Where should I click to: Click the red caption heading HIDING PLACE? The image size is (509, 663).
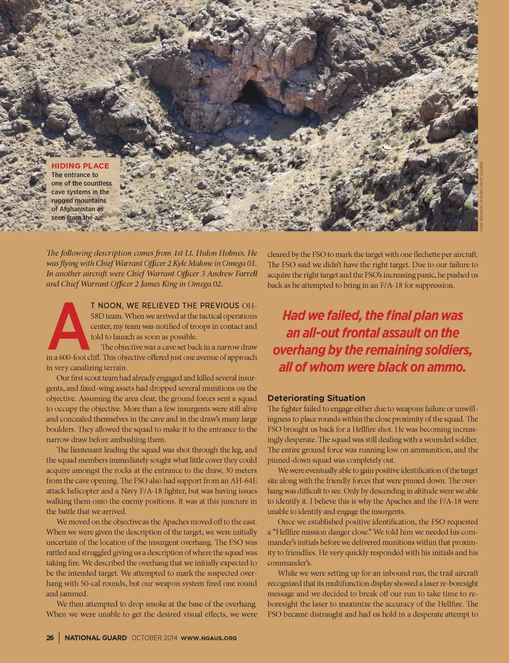point(80,166)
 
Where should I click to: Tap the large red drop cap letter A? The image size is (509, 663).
point(69,326)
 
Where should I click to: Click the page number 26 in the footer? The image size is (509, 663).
point(50,638)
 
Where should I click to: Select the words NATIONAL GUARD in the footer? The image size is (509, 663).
point(96,638)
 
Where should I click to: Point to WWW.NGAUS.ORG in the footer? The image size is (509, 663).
point(209,638)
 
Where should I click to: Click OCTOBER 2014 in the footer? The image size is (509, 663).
point(154,638)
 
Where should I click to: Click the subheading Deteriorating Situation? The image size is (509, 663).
point(316,398)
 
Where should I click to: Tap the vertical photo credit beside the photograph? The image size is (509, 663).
point(481,196)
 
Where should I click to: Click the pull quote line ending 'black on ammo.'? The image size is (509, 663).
point(372,367)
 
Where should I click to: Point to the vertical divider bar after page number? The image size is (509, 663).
point(59,638)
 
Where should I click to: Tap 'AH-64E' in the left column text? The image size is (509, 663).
point(244,481)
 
